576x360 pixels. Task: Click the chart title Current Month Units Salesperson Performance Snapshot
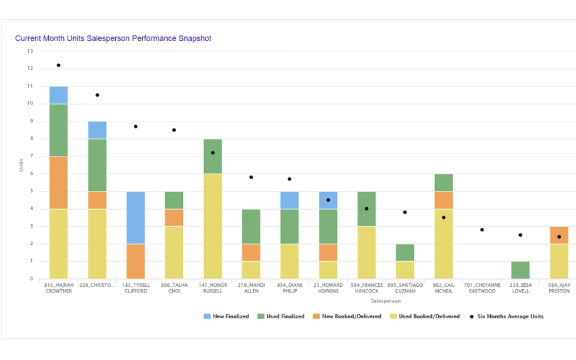point(113,38)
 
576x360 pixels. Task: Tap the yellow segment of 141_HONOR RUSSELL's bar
point(212,226)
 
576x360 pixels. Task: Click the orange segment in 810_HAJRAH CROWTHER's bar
point(59,182)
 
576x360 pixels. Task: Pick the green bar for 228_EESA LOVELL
point(520,270)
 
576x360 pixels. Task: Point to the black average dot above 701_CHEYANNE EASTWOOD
point(482,230)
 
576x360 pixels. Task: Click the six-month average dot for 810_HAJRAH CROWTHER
point(59,65)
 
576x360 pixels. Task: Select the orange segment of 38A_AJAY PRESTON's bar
point(558,235)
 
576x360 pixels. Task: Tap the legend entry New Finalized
point(226,316)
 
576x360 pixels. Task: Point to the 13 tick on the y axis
point(30,51)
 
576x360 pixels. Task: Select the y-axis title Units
point(21,165)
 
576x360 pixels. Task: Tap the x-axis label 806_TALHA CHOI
point(174,288)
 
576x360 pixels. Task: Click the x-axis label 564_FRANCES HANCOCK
point(366,288)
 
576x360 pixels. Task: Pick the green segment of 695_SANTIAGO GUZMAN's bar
point(405,252)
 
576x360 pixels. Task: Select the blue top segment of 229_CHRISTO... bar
point(97,130)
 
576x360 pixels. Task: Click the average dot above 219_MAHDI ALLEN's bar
point(251,177)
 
